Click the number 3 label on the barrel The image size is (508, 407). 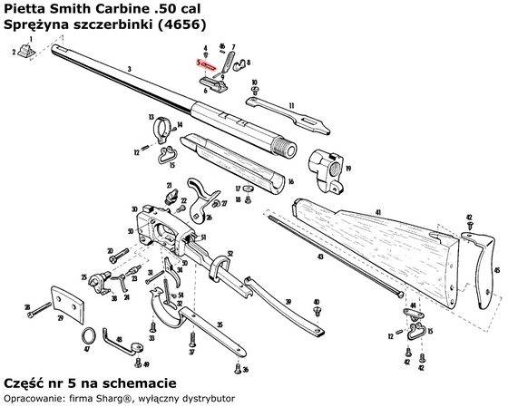pos(130,70)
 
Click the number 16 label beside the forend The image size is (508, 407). pos(291,181)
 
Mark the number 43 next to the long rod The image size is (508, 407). pos(316,257)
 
